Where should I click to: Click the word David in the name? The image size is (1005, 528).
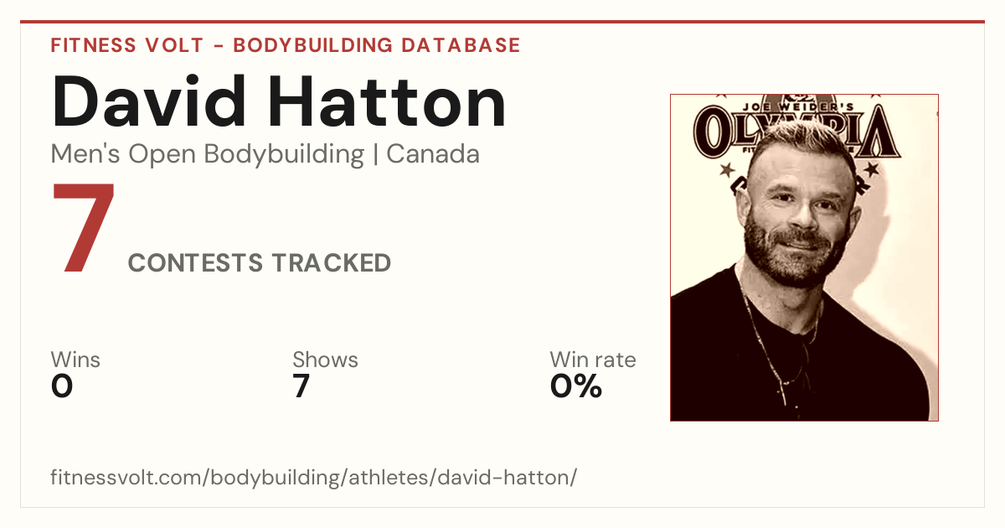pos(149,101)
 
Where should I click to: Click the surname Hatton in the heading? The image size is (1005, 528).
pos(387,102)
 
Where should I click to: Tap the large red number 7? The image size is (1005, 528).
pos(84,227)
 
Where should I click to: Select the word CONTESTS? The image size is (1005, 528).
pos(195,262)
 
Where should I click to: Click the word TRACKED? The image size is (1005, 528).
pos(332,262)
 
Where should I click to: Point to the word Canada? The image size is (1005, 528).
pos(433,154)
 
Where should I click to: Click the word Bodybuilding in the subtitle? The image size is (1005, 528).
pos(284,155)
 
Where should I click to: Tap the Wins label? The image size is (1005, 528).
pos(75,360)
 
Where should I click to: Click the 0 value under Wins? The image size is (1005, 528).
pos(62,386)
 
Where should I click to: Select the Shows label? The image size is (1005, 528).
pos(325,360)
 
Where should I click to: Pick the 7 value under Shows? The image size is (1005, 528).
pos(301,386)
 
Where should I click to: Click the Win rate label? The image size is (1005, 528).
pos(593,360)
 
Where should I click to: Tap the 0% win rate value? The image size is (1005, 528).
pos(576,386)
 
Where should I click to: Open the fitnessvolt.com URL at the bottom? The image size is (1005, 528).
pos(313,477)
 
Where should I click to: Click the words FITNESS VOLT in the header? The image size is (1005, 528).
pos(127,45)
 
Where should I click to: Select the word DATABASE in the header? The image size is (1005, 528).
pos(461,45)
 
